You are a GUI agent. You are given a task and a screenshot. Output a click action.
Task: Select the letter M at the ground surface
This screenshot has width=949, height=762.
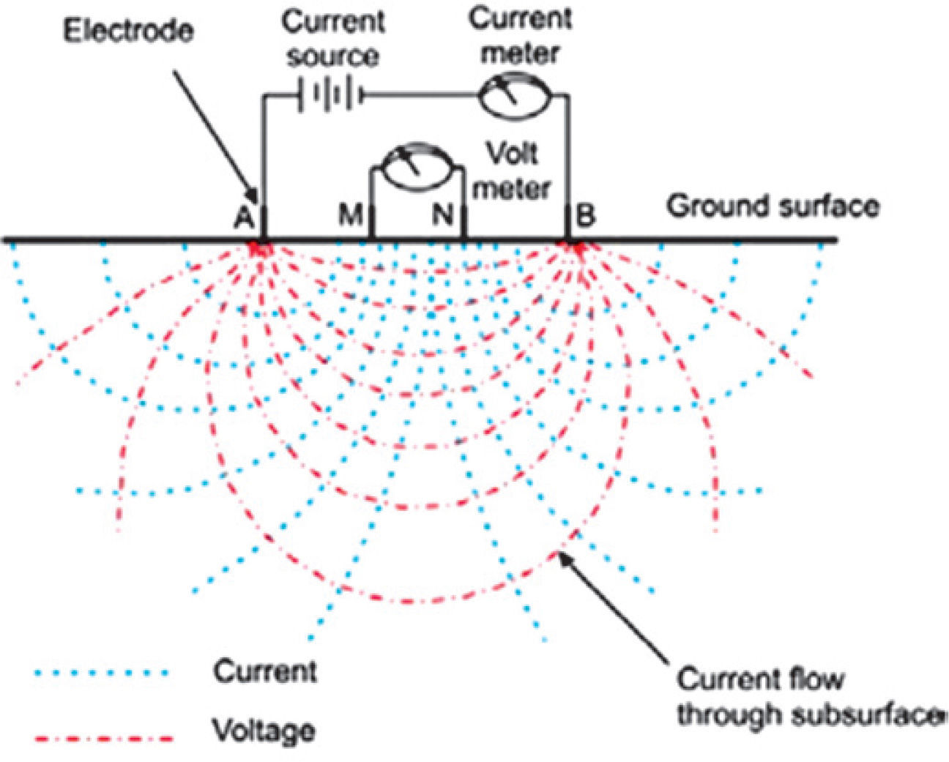[x=351, y=215]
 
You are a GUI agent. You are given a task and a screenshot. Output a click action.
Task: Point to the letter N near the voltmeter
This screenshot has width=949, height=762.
[x=443, y=215]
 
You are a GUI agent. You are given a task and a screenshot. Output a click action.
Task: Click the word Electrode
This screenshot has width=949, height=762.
[x=128, y=31]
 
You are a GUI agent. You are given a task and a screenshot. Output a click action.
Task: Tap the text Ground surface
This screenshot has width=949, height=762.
[x=773, y=206]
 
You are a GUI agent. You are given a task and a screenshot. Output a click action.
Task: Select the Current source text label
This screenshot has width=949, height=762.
[x=333, y=38]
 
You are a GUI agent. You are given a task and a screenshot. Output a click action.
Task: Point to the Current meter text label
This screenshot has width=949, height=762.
[x=521, y=35]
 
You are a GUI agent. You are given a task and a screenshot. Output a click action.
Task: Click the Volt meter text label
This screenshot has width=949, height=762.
[x=513, y=171]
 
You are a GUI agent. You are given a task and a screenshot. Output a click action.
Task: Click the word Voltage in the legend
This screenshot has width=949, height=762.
[x=264, y=731]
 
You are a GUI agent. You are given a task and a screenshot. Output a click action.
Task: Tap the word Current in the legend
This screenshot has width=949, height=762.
[x=265, y=671]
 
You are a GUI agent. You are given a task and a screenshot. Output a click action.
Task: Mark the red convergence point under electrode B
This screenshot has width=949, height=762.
[x=577, y=249]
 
